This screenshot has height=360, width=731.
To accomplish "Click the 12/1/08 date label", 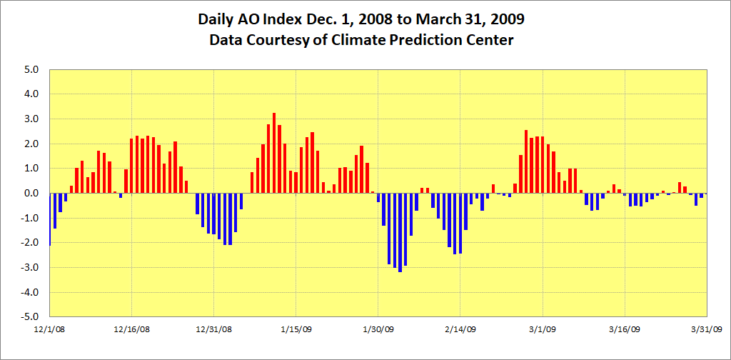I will [50, 330].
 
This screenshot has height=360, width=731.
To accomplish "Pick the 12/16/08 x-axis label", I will [132, 330].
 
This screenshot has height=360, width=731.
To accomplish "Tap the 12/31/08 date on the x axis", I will [214, 330].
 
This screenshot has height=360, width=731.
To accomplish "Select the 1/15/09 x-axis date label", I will [296, 330].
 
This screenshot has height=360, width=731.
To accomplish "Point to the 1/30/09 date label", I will [378, 330].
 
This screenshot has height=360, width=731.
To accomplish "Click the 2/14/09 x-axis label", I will [460, 330].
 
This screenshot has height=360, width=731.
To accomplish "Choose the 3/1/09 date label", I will [543, 330].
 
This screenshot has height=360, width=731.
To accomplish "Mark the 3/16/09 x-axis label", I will [625, 330].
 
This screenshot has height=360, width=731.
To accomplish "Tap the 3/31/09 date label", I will [707, 330].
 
